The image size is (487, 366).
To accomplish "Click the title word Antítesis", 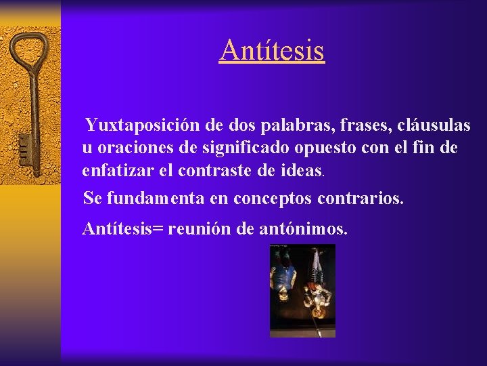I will click(272, 50).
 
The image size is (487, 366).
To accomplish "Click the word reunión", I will click(200, 229).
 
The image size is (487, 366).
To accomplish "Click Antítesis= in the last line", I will click(122, 229).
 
